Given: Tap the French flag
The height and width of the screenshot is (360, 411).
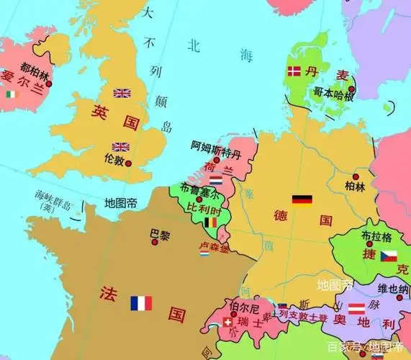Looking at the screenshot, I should pos(141,302).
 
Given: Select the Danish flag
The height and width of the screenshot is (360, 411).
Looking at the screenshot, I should pos(294,71).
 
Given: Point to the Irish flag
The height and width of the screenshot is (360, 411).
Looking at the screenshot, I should pos(10,94).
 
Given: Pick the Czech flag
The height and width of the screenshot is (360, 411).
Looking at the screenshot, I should pos(389,256).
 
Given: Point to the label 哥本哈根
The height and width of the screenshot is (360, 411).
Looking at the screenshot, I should pos(333,92).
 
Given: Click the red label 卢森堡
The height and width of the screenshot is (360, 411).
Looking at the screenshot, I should pos(213,247).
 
